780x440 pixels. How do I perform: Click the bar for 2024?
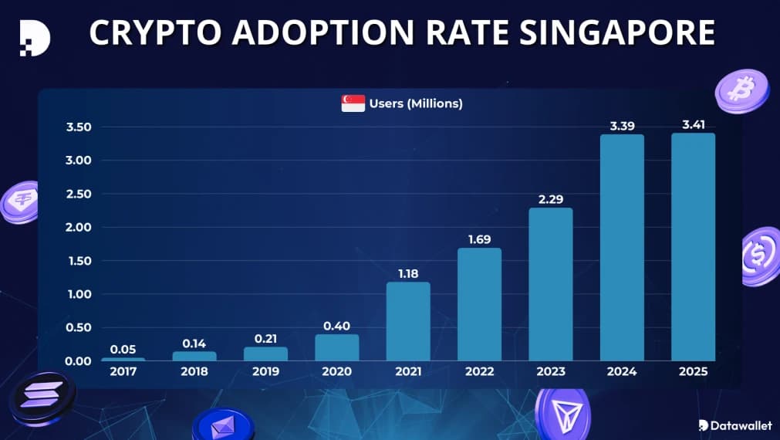(x=622, y=247)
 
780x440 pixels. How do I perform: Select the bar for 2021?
(x=408, y=321)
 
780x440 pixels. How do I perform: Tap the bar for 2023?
(x=551, y=284)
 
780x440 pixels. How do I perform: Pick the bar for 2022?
(x=479, y=304)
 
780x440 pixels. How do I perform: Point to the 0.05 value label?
(x=123, y=349)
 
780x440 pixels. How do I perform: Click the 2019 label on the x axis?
(x=265, y=372)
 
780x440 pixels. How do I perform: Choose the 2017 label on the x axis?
(x=123, y=372)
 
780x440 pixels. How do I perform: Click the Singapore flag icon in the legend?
(x=353, y=103)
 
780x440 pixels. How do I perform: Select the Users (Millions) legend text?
(x=416, y=103)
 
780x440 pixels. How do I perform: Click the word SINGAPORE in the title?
(x=615, y=33)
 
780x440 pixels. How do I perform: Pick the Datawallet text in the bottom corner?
(x=740, y=425)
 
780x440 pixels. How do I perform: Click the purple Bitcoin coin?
(x=741, y=90)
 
